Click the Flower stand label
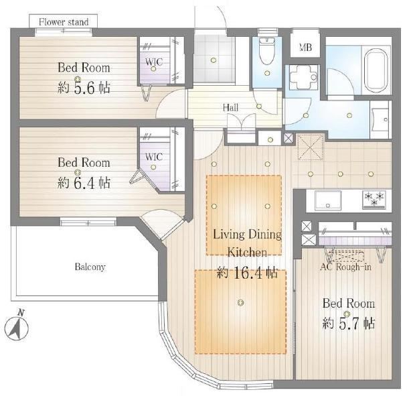64,22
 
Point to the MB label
305,48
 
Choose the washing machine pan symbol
304,78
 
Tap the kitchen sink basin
328,200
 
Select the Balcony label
90,267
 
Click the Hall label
230,107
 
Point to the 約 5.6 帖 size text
84,88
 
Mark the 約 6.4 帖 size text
84,183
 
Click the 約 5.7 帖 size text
349,324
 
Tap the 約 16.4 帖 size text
247,273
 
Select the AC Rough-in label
345,267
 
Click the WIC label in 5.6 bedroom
154,62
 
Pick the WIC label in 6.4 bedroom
154,157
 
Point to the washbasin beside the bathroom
380,120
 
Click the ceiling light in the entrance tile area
214,60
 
